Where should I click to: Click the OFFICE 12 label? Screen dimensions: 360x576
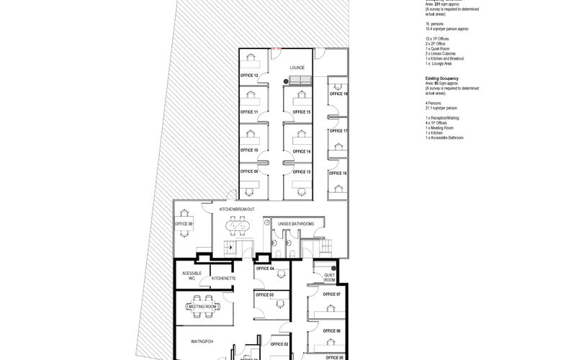coord(249,75)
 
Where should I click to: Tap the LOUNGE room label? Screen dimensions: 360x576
coord(297,68)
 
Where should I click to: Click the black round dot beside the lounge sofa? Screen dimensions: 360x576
coord(286,82)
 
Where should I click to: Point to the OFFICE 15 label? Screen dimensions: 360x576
coord(302,112)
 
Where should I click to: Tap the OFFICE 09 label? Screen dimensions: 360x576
coord(249,171)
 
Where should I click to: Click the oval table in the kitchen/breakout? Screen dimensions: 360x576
coord(238,227)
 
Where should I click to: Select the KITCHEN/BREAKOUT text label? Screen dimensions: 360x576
coord(237,209)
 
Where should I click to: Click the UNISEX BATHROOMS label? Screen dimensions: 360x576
coord(296,224)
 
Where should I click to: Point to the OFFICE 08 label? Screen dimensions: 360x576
coord(184,224)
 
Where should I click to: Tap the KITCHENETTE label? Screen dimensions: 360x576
coord(225,277)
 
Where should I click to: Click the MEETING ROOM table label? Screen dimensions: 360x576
coord(202,307)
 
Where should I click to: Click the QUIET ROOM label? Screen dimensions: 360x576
coord(329,276)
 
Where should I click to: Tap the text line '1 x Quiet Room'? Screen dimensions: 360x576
coord(438,49)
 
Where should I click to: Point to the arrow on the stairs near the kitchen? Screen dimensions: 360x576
coord(230,247)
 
